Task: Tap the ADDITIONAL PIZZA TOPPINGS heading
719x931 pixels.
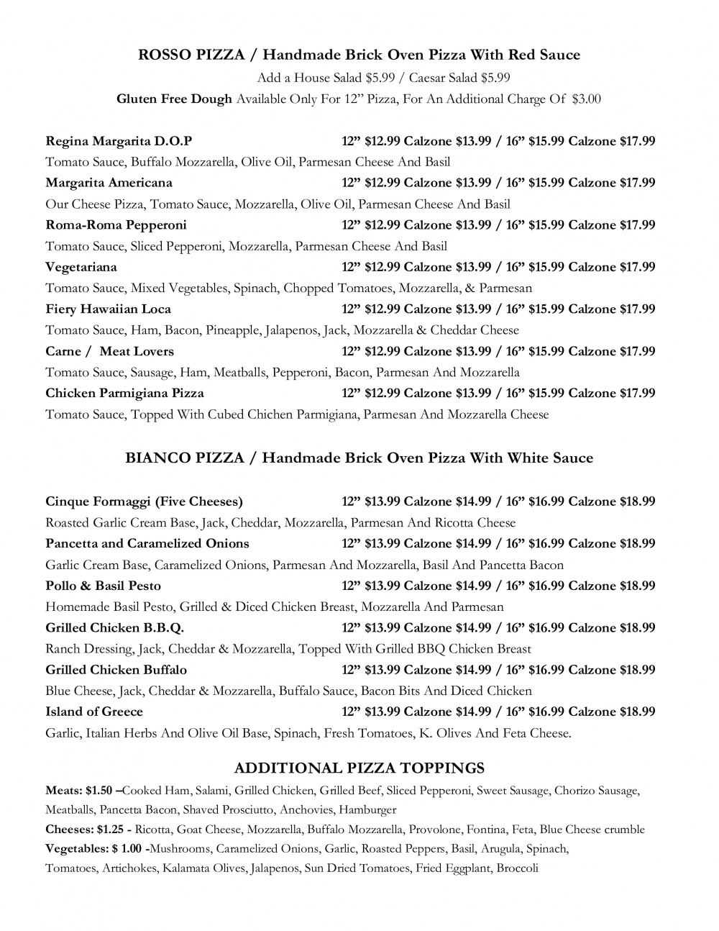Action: [359, 768]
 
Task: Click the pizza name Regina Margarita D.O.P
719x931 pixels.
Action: [119, 141]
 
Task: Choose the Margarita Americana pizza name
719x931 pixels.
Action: [109, 183]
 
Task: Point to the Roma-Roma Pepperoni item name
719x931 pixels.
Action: [116, 225]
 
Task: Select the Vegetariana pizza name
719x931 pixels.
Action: [81, 267]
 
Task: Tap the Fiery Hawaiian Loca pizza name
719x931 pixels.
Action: [108, 309]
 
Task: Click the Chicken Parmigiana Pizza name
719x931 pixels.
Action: [124, 394]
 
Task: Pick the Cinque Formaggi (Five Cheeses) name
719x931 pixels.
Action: [144, 501]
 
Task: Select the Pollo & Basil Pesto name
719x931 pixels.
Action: [103, 586]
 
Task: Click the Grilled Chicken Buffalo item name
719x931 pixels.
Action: [116, 670]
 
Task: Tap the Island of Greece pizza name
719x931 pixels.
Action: [94, 712]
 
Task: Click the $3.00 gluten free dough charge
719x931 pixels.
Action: [586, 99]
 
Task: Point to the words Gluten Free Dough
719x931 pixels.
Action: [174, 99]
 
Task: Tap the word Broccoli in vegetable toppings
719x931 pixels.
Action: [517, 868]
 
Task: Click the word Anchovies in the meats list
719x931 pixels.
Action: [306, 810]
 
